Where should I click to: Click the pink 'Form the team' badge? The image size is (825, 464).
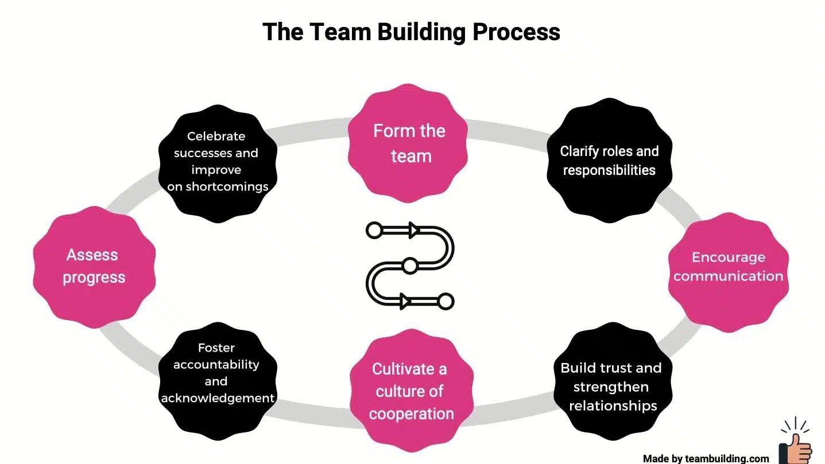pyautogui.click(x=409, y=143)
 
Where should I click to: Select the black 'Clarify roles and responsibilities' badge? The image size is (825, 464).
pyautogui.click(x=609, y=161)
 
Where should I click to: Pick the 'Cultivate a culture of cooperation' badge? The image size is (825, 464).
pyautogui.click(x=411, y=391)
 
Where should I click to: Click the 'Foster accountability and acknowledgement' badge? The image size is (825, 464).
pyautogui.click(x=217, y=373)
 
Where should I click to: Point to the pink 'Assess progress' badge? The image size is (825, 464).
pyautogui.click(x=94, y=267)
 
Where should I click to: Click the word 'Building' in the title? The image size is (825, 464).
pyautogui.click(x=421, y=32)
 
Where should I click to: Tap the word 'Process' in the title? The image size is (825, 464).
pyautogui.click(x=516, y=32)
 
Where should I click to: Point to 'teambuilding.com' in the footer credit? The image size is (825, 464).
pyautogui.click(x=727, y=458)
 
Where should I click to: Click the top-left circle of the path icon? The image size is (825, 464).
pyautogui.click(x=374, y=231)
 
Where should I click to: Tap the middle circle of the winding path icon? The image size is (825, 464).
pyautogui.click(x=409, y=266)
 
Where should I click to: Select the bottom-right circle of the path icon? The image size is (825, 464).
pyautogui.click(x=446, y=301)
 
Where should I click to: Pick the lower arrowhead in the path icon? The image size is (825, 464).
pyautogui.click(x=405, y=301)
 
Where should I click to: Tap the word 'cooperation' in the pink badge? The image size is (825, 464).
pyautogui.click(x=411, y=414)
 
